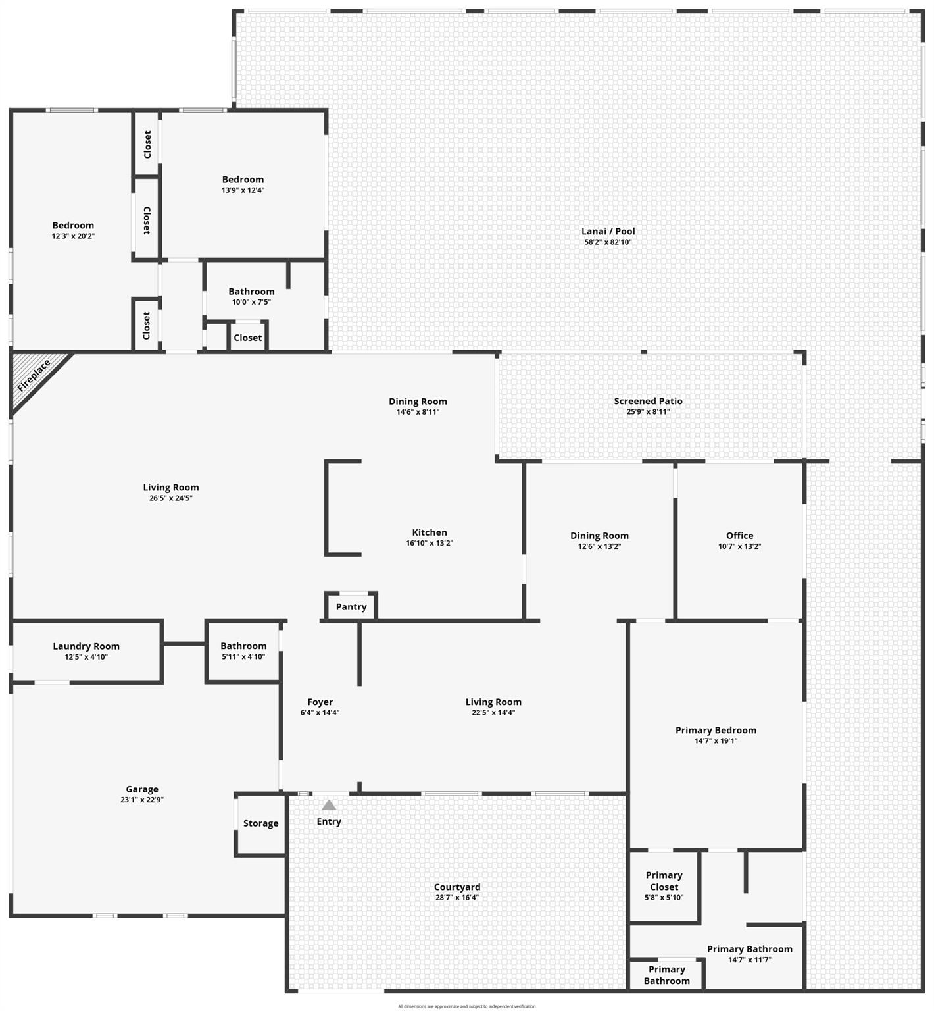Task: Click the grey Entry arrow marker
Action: [x=329, y=805]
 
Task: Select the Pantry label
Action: [x=351, y=607]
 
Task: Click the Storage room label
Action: [x=261, y=823]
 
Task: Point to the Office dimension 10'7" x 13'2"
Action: [x=740, y=546]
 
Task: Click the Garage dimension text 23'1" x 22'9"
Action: [x=142, y=800]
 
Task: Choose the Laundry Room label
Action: [x=86, y=646]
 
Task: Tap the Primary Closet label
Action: [x=664, y=881]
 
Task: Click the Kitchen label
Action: [x=430, y=532]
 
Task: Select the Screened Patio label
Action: [x=649, y=401]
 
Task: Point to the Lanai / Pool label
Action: [x=608, y=231]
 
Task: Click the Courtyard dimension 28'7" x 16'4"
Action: [x=457, y=898]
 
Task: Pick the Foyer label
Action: [x=320, y=702]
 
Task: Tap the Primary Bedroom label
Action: [x=716, y=730]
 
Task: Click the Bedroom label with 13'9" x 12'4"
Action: [x=243, y=180]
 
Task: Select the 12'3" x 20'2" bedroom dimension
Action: [x=73, y=236]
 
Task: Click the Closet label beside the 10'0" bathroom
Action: [x=248, y=338]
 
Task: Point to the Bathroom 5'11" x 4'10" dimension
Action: [x=243, y=657]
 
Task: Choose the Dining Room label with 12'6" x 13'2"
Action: [x=599, y=536]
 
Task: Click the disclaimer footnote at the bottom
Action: [x=467, y=1006]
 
